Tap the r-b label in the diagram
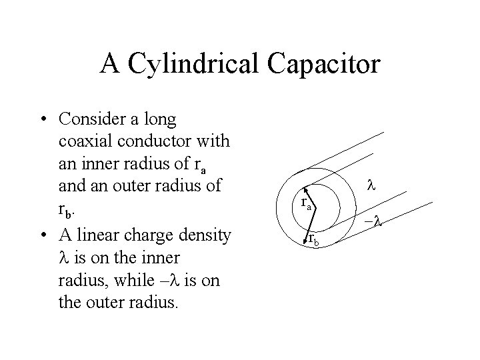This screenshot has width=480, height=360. [x=313, y=239]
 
